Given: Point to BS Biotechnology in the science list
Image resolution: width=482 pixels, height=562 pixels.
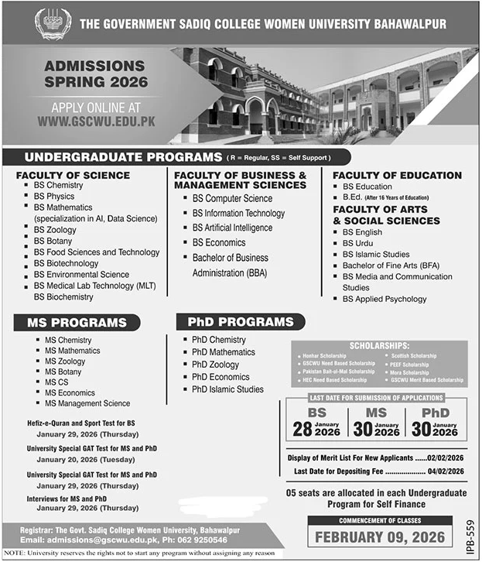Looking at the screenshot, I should pyautogui.click(x=66, y=263).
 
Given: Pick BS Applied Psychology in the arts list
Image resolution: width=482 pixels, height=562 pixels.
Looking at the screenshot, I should pyautogui.click(x=385, y=299).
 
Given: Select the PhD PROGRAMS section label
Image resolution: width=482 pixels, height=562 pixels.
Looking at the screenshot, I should pyautogui.click(x=235, y=321).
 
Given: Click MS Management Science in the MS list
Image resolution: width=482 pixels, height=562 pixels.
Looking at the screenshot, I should pyautogui.click(x=87, y=403).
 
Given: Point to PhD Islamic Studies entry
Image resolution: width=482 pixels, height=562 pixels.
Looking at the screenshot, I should pyautogui.click(x=228, y=389).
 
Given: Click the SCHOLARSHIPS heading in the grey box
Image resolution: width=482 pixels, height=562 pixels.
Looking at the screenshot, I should pyautogui.click(x=378, y=346).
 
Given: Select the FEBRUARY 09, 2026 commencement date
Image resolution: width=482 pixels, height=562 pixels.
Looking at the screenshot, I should pyautogui.click(x=379, y=536).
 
